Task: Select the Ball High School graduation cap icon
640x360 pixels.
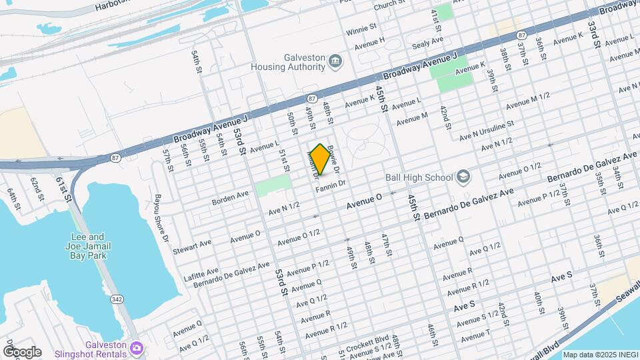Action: pos(463,177)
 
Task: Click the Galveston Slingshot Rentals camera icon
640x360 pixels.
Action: pos(137,348)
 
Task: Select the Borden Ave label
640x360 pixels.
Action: pos(230,197)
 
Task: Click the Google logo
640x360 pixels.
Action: pos(21,351)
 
